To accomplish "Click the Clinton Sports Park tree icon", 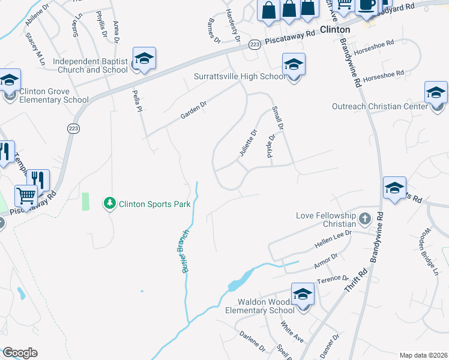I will (109, 204).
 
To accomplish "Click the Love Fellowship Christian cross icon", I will (364, 220).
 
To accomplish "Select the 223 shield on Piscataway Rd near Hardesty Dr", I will (255, 45).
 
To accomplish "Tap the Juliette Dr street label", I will (248, 143).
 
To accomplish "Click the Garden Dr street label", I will (194, 111).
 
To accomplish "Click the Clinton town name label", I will (335, 29).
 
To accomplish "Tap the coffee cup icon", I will (366, 5).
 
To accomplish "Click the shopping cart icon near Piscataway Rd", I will (26, 196).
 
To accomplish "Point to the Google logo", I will (19, 353).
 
